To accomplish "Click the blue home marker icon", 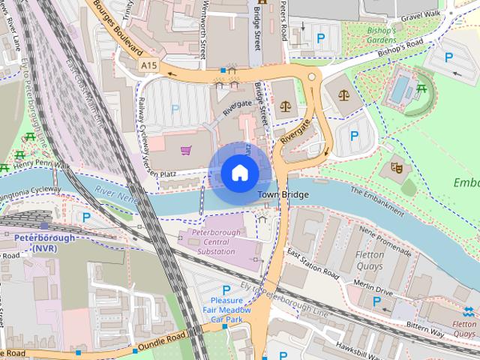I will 238,172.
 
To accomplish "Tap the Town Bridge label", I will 283,194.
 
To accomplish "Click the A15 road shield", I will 148,67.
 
